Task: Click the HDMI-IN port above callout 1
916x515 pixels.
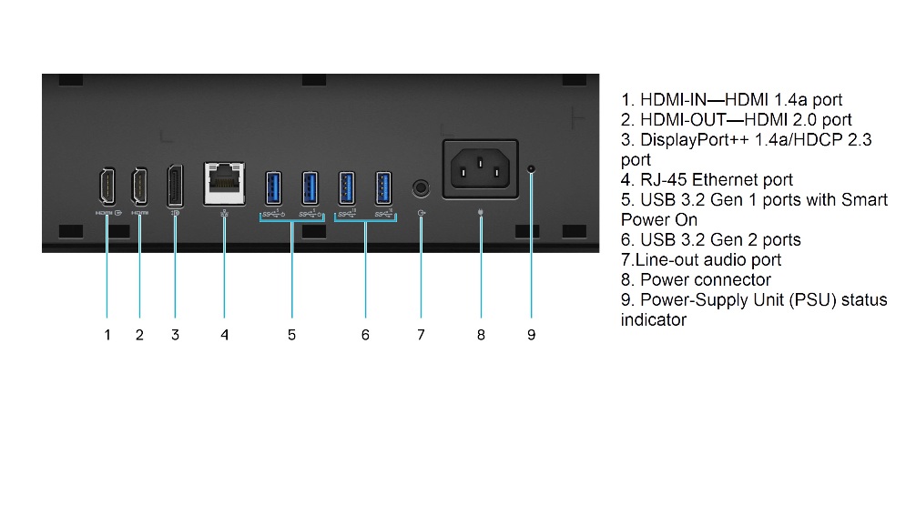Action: [107, 187]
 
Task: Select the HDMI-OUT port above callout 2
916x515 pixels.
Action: [139, 187]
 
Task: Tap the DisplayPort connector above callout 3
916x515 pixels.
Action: [175, 186]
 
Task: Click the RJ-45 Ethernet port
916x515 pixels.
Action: [224, 184]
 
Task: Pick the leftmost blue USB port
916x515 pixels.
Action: [273, 188]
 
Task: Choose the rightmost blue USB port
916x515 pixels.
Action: [383, 188]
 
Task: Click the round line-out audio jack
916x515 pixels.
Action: [421, 188]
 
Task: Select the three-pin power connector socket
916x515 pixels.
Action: [480, 169]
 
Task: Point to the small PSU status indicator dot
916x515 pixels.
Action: [531, 168]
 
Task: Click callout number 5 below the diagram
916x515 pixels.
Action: [291, 335]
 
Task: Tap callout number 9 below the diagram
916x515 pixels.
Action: [531, 335]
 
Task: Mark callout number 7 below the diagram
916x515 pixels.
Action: [421, 335]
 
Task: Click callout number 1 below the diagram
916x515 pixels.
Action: [107, 335]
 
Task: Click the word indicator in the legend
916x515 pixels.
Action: [653, 320]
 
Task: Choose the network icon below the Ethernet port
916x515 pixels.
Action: [224, 214]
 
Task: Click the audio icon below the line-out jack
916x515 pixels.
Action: [422, 213]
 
